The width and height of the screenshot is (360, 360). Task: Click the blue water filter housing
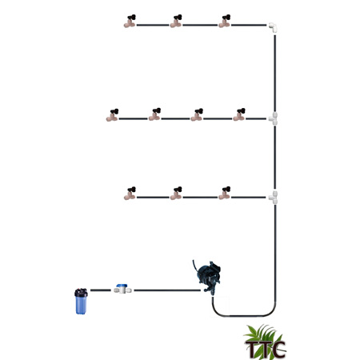(81, 302)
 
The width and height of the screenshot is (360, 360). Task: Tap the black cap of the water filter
(81, 293)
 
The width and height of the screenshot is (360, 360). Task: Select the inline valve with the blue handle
(122, 289)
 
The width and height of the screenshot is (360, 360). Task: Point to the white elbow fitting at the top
(273, 27)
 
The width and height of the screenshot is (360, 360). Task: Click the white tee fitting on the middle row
(274, 118)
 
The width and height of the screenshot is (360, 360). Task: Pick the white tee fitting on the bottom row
(274, 198)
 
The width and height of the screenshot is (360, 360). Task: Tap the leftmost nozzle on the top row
(130, 22)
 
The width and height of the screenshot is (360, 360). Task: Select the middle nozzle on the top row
(176, 22)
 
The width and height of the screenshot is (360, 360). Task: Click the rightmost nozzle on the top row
(225, 22)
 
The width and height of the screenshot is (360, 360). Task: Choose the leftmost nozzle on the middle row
(112, 115)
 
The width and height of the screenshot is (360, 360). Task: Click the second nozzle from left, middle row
(154, 114)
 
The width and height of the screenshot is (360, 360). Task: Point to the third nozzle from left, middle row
(197, 115)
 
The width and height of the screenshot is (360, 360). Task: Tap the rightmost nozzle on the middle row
(239, 114)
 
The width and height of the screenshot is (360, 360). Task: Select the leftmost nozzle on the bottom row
(130, 194)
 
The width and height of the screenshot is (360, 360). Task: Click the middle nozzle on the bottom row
(176, 194)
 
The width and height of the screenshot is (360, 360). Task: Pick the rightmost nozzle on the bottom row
(225, 194)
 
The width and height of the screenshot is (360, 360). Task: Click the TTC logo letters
(265, 349)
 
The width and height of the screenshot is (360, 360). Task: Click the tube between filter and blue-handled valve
(101, 290)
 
